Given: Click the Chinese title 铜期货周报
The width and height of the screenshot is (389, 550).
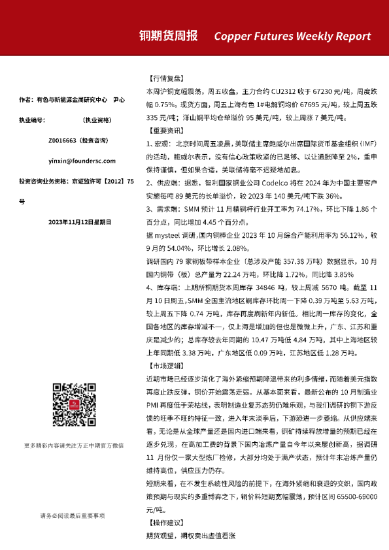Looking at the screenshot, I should (168, 35).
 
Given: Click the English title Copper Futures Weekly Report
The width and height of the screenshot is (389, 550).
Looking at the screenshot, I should (292, 36).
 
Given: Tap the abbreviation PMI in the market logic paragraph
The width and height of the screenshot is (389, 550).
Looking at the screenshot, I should (156, 404).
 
